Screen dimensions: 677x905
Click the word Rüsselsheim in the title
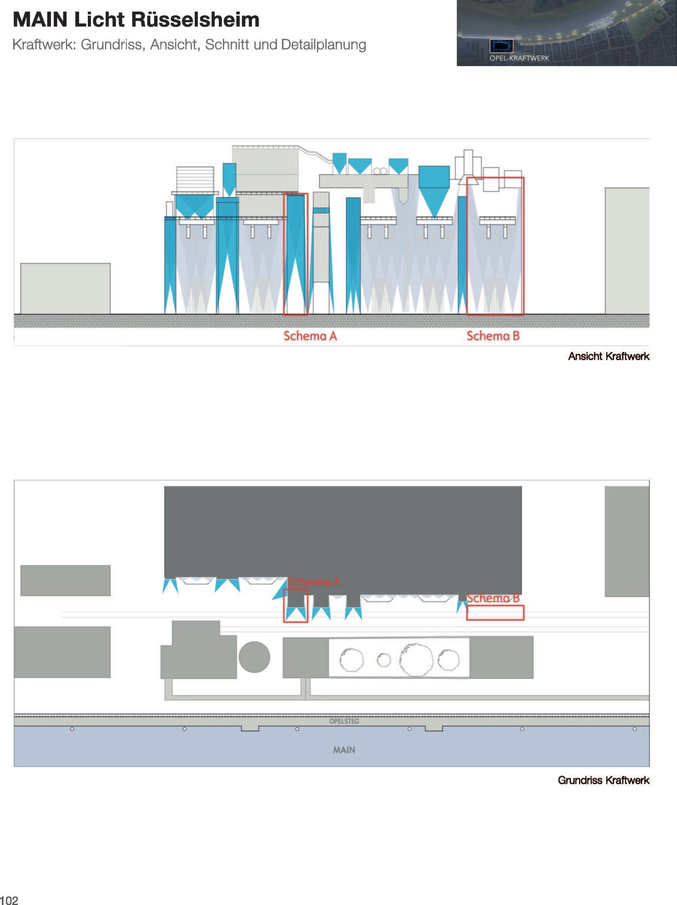[196, 20]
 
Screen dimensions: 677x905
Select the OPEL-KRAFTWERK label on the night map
[519, 58]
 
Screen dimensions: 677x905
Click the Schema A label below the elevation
[310, 336]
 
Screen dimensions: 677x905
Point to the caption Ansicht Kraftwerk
[608, 356]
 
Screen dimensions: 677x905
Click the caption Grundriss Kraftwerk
[603, 780]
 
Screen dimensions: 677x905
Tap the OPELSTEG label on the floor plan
[344, 721]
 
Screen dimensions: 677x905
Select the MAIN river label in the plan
[344, 750]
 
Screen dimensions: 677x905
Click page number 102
[9, 900]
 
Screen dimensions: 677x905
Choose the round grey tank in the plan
[254, 657]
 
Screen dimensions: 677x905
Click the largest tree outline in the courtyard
[417, 660]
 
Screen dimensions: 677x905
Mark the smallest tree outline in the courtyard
[384, 660]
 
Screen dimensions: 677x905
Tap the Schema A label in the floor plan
[314, 581]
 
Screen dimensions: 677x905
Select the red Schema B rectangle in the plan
[495, 613]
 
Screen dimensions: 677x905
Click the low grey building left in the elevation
[65, 288]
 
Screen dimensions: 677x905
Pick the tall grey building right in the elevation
[627, 250]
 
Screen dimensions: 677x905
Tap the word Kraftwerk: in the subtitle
[45, 45]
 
